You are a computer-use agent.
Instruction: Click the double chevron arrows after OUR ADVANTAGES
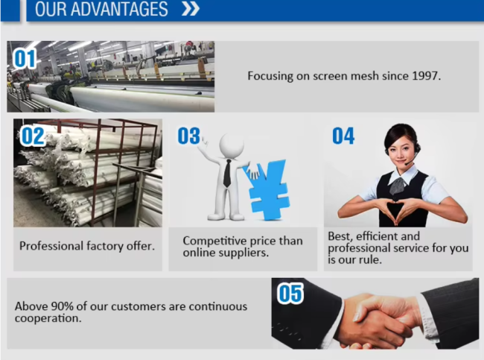191,8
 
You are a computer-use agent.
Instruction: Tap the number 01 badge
25,59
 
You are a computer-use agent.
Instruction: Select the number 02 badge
33,136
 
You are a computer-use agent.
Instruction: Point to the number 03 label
189,136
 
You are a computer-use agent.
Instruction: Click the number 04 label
343,136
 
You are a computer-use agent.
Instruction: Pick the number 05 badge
290,294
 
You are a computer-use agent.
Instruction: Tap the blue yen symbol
266,189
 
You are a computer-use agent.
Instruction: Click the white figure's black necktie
227,174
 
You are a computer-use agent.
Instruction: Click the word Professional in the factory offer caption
51,246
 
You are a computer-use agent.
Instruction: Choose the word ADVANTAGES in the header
119,9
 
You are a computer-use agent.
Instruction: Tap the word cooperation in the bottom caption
48,318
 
